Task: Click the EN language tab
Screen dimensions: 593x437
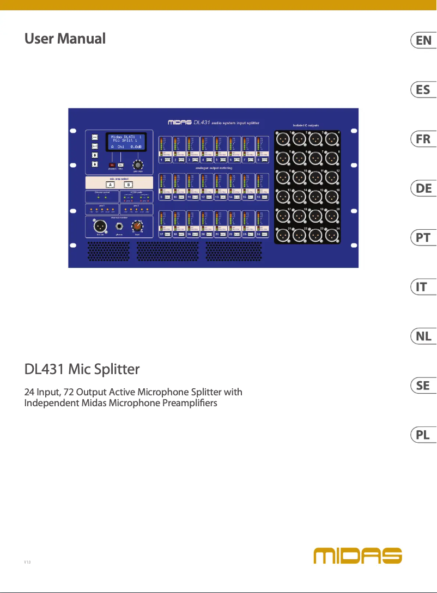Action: pyautogui.click(x=422, y=40)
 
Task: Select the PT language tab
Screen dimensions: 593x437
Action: pyautogui.click(x=422, y=237)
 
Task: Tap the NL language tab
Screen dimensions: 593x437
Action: pyautogui.click(x=422, y=337)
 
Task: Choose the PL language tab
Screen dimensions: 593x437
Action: pyautogui.click(x=422, y=435)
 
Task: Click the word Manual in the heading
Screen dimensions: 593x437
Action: pyautogui.click(x=81, y=39)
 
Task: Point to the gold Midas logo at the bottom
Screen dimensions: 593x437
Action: pyautogui.click(x=357, y=555)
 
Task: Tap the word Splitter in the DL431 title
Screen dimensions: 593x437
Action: pyautogui.click(x=116, y=370)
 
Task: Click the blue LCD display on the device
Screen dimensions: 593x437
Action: pyautogui.click(x=125, y=140)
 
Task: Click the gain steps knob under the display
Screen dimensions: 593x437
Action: pyautogui.click(x=138, y=165)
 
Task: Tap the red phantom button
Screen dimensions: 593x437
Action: pyautogui.click(x=112, y=164)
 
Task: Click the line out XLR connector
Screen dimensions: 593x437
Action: pyautogui.click(x=100, y=225)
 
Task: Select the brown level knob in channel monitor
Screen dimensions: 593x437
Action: pyautogui.click(x=138, y=225)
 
